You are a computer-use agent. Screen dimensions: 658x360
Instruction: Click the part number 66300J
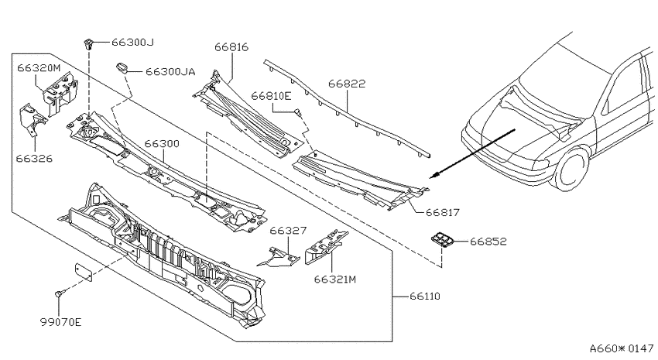[132, 43]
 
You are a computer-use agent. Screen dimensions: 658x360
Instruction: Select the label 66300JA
[170, 72]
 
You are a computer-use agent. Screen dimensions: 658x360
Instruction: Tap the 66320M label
[39, 68]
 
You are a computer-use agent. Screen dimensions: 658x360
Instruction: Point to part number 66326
[34, 159]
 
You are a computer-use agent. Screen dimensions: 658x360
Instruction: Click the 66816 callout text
[231, 47]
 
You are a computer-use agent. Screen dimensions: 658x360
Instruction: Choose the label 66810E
[271, 96]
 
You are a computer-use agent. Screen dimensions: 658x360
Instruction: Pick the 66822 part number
[347, 84]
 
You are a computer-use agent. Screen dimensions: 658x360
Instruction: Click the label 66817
[443, 213]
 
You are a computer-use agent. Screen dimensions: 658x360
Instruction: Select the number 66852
[488, 242]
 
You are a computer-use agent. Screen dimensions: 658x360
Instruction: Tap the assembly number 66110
[425, 297]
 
